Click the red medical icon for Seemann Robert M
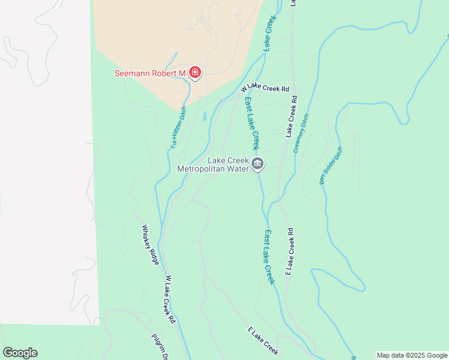[194, 73]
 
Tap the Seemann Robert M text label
[150, 74]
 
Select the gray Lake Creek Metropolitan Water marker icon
[258, 163]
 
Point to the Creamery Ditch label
[301, 133]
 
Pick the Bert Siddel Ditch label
[331, 165]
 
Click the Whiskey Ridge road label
[150, 245]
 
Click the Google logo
[20, 353]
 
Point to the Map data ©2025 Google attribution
[412, 355]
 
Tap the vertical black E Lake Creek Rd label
[289, 251]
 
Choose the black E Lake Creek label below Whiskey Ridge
[263, 340]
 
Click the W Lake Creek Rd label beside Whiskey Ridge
[169, 299]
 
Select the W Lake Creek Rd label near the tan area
[265, 88]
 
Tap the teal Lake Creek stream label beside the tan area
[270, 32]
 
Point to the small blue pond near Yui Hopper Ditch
[205, 116]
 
